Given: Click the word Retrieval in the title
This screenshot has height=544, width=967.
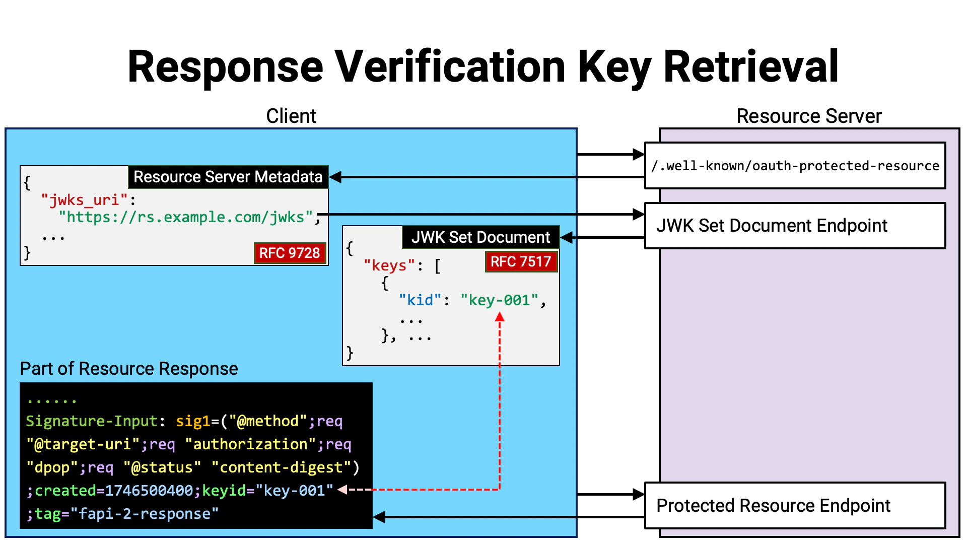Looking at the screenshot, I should [x=750, y=67].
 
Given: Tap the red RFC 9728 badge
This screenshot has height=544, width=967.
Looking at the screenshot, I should [x=290, y=252].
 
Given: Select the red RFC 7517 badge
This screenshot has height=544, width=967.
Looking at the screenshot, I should [x=521, y=261].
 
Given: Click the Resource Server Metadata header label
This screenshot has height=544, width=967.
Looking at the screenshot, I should [x=228, y=177].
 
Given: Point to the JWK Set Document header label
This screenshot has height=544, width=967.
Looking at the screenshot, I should [x=480, y=237].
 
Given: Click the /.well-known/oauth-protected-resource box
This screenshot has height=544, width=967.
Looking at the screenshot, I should [x=795, y=166].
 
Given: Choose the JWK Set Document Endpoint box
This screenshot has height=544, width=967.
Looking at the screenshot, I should [x=795, y=226].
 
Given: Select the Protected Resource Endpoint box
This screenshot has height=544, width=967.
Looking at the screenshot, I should [x=795, y=505].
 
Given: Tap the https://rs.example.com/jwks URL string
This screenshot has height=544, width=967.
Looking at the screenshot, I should [x=186, y=217].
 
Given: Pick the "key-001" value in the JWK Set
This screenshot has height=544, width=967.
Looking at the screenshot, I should [x=499, y=300].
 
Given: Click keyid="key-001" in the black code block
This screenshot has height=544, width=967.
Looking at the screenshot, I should [x=267, y=490].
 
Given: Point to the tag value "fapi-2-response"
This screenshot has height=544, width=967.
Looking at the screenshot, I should [x=145, y=513].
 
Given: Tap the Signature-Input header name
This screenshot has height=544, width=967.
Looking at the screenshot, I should [x=92, y=421].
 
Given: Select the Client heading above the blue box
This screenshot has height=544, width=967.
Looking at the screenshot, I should [x=291, y=116].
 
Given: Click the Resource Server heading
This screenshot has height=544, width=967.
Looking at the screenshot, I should [x=809, y=116].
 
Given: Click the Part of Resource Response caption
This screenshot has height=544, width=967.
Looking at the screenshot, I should [x=129, y=368].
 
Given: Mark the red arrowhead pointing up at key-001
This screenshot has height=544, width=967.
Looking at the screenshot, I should [x=500, y=316].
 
